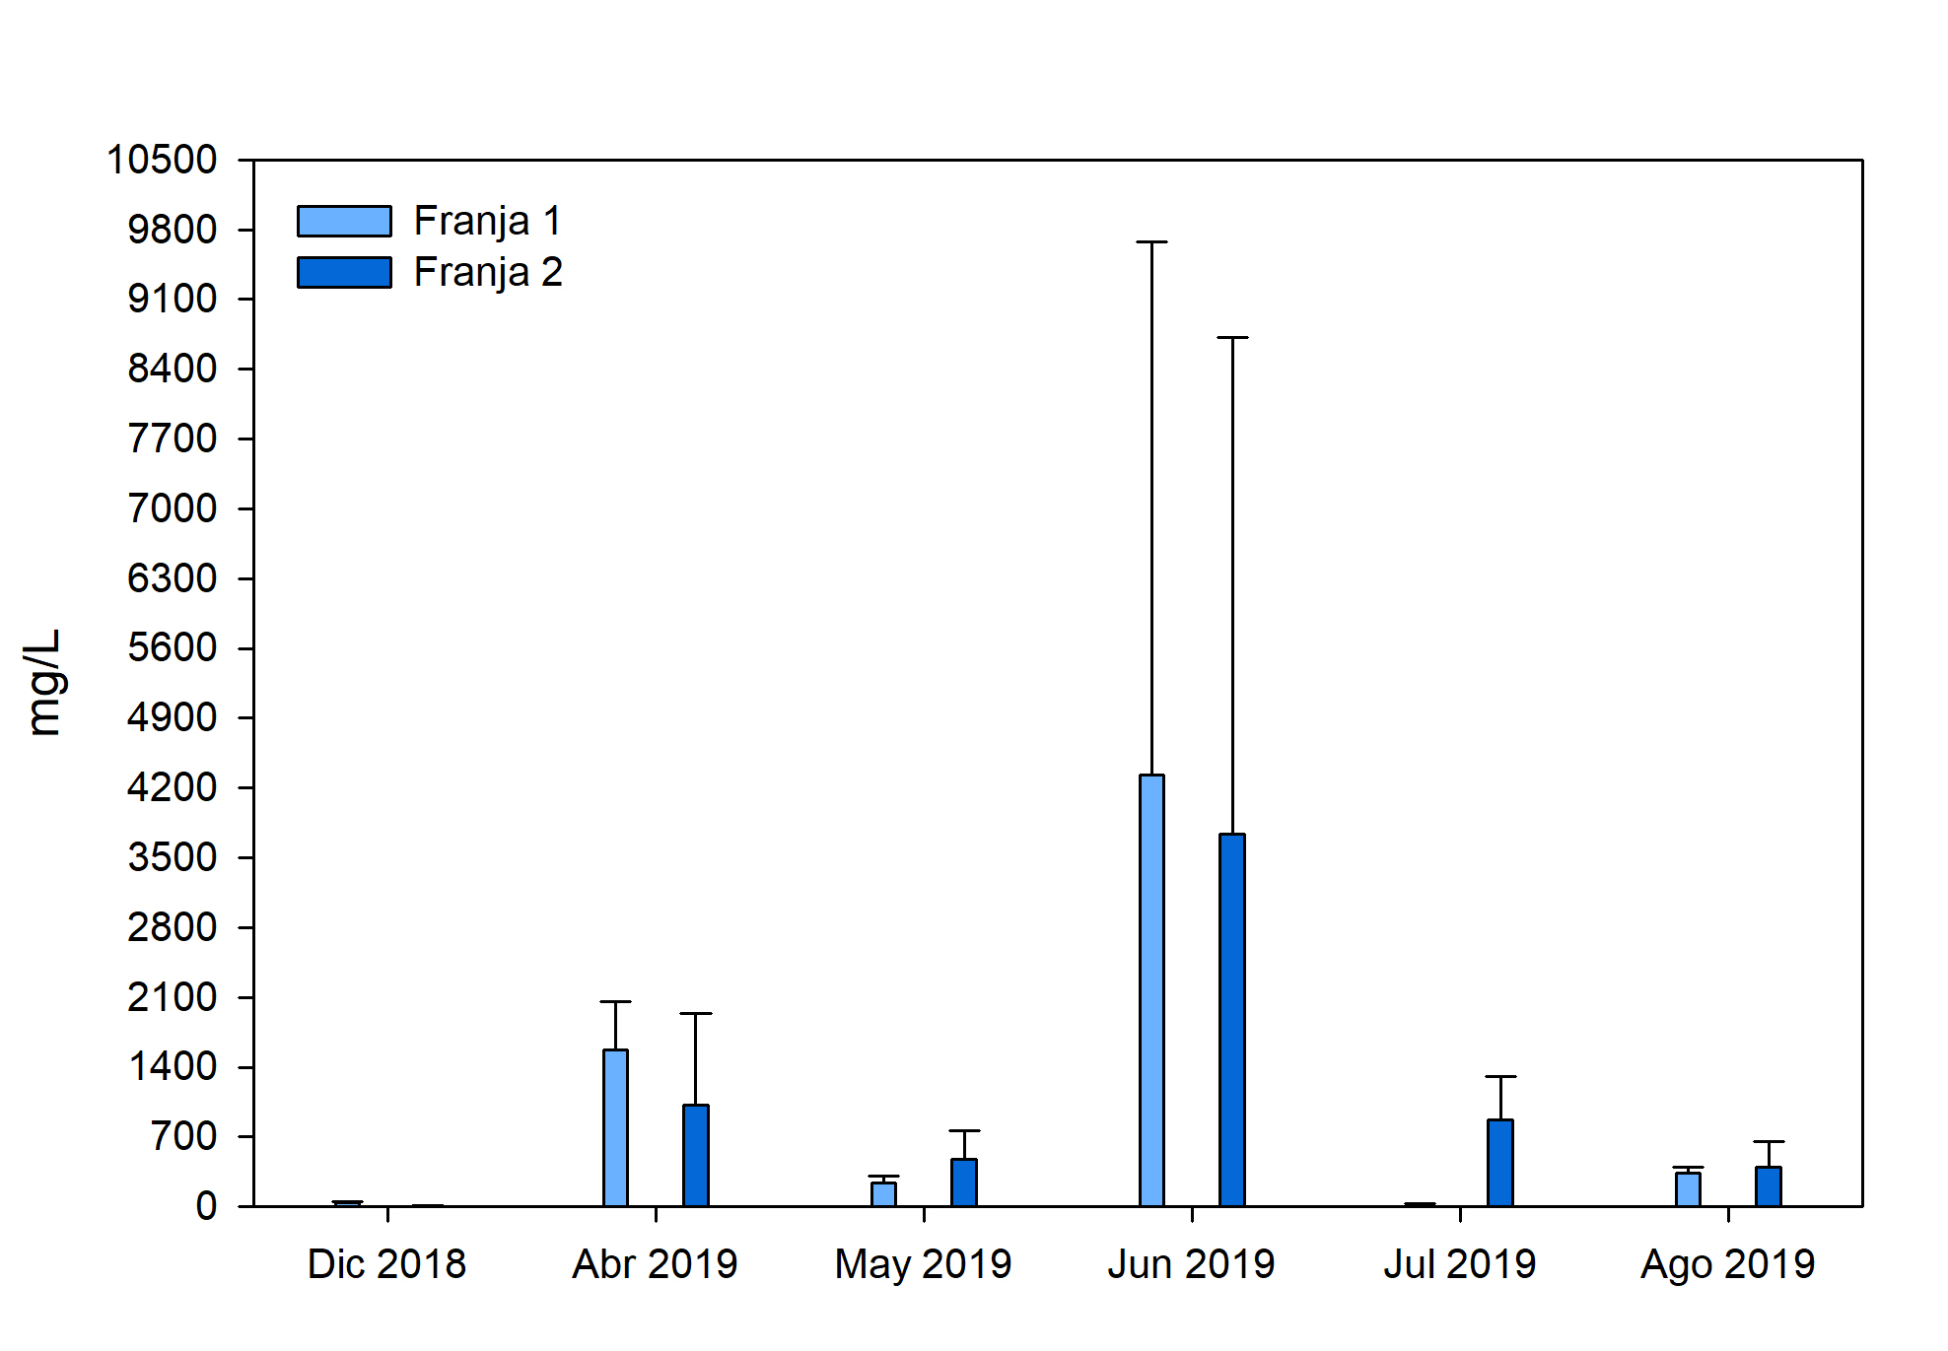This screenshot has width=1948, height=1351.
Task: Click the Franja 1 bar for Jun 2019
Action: [x=1151, y=990]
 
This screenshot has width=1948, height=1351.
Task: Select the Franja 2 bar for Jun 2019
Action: [x=1232, y=1020]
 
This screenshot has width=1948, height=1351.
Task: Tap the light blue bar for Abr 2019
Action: [x=615, y=1127]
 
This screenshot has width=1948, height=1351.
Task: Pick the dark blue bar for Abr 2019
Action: [x=696, y=1155]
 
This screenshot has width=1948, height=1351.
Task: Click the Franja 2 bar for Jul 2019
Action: [x=1500, y=1163]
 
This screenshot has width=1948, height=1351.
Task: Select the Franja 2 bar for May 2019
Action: [x=964, y=1182]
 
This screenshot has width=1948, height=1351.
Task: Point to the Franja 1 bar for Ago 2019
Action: [x=1688, y=1189]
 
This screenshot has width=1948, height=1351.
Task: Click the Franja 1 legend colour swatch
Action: [x=344, y=221]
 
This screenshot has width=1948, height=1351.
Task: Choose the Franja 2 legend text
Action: [x=488, y=272]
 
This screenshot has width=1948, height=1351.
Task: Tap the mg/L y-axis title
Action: [x=44, y=682]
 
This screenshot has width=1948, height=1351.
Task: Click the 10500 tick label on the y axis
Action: [x=162, y=160]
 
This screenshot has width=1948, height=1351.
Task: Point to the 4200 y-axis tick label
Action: [x=172, y=787]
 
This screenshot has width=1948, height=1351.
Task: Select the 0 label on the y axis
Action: [x=206, y=1206]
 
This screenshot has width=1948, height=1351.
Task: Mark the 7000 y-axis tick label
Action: [x=172, y=508]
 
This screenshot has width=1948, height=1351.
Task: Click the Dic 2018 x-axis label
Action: [x=386, y=1264]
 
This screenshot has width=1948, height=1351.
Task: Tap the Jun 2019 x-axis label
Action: [x=1191, y=1264]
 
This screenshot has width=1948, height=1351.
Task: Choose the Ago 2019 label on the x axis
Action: [x=1727, y=1264]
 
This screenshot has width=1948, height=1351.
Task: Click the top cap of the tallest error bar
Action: [x=1151, y=241]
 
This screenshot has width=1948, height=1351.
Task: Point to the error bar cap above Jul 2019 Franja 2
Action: [x=1500, y=1077]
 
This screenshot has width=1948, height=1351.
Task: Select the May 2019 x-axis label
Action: [x=923, y=1264]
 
